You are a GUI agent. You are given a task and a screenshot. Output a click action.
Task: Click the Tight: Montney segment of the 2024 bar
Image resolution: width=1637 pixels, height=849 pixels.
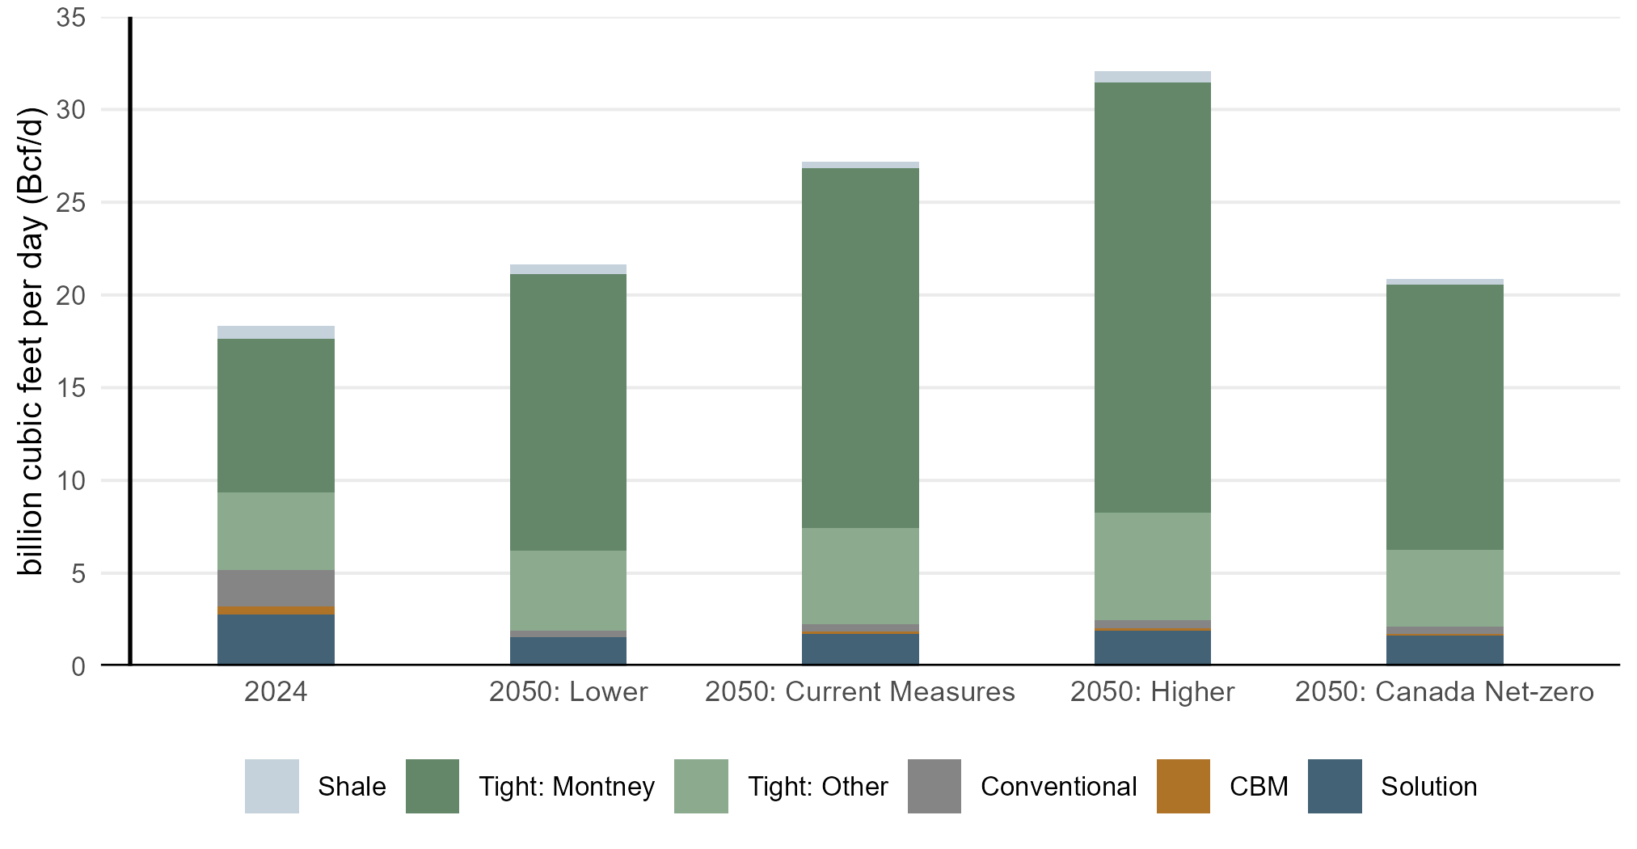pyautogui.click(x=276, y=416)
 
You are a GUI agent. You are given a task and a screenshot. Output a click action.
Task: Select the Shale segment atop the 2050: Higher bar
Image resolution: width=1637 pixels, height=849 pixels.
pyautogui.click(x=1152, y=77)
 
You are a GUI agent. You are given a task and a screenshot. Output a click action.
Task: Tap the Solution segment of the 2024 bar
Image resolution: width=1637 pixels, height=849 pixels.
pyautogui.click(x=276, y=640)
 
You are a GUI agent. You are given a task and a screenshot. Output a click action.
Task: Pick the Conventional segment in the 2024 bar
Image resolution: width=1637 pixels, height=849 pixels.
pyautogui.click(x=276, y=588)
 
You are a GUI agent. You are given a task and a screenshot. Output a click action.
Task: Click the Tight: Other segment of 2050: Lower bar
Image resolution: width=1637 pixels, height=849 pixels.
pyautogui.click(x=567, y=590)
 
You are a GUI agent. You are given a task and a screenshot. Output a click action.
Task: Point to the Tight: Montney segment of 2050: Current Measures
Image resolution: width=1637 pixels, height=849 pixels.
pyautogui.click(x=860, y=348)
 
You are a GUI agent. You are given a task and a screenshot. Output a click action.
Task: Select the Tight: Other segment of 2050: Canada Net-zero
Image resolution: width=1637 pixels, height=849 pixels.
pyautogui.click(x=1445, y=588)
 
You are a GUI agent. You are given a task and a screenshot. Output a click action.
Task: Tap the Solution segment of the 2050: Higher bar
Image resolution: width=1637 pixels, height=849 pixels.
pyautogui.click(x=1152, y=648)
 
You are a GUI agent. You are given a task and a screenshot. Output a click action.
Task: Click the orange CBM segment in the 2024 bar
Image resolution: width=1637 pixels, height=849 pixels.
pyautogui.click(x=276, y=610)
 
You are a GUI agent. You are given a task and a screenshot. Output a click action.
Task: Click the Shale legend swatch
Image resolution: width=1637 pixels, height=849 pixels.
pyautogui.click(x=272, y=786)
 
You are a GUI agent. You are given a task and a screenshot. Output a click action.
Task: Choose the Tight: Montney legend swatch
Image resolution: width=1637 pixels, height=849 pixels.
pyautogui.click(x=432, y=786)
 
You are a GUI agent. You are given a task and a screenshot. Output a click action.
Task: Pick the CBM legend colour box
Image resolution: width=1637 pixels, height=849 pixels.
pyautogui.click(x=1183, y=786)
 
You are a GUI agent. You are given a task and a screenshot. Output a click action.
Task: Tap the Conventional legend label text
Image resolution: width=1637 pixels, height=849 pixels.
pyautogui.click(x=1058, y=787)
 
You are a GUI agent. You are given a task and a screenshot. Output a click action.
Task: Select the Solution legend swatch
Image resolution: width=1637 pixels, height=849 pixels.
pyautogui.click(x=1335, y=786)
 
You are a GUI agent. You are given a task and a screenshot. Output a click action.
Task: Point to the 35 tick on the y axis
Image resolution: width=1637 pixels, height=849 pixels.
pyautogui.click(x=71, y=18)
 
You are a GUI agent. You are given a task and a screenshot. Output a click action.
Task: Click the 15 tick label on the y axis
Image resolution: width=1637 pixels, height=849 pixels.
pyautogui.click(x=71, y=388)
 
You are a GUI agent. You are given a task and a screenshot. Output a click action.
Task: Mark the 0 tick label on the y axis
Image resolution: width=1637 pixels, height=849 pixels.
pyautogui.click(x=78, y=666)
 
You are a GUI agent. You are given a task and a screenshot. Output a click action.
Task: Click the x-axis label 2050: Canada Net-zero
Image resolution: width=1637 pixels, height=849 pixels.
pyautogui.click(x=1445, y=692)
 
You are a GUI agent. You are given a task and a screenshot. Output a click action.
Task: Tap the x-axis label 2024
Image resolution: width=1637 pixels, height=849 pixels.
pyautogui.click(x=276, y=692)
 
